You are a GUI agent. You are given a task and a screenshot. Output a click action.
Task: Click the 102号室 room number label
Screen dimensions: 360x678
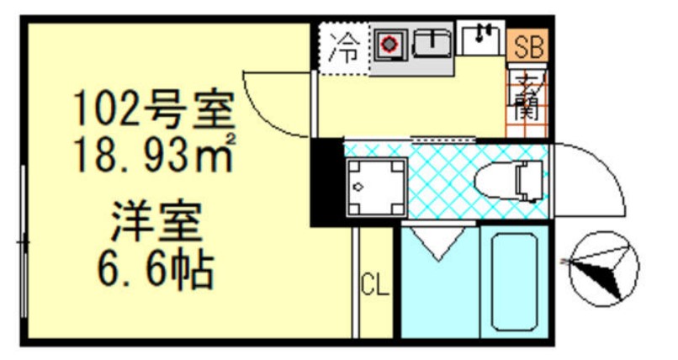coord(151,109)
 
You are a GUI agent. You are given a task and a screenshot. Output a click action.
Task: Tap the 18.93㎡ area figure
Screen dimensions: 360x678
coord(151,156)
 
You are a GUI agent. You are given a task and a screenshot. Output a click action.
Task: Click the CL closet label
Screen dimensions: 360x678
coord(375,286)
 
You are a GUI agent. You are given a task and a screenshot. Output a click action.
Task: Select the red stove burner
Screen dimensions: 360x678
coord(389,45)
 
